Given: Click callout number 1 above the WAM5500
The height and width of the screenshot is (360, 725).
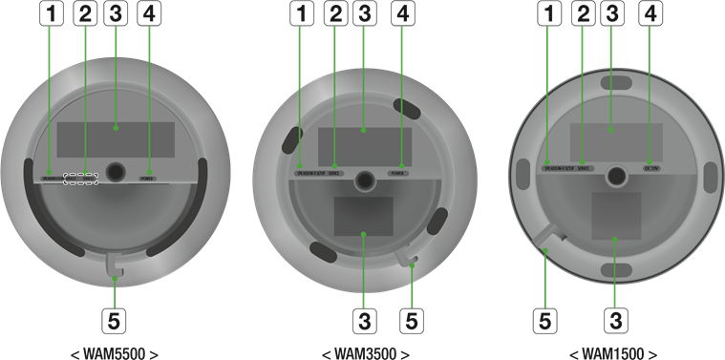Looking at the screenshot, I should (52, 13).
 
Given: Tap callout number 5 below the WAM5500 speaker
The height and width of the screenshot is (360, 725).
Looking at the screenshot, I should (115, 319).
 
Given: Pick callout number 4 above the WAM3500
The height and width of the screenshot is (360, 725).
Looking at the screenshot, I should (403, 13).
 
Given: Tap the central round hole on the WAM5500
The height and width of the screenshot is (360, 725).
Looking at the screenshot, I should (117, 172).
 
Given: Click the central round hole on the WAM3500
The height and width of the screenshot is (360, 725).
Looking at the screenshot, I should (364, 180).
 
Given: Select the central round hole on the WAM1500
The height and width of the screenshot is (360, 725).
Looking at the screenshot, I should (616, 175).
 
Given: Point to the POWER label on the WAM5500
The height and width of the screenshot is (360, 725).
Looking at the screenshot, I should (148, 177).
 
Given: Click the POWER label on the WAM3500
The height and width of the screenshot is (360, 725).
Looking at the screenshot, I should (398, 173).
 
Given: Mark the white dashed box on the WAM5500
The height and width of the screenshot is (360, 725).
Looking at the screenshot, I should (81, 178).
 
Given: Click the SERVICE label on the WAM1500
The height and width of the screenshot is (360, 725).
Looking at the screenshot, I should (586, 168).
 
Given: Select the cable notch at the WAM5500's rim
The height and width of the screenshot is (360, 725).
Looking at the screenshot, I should (115, 260).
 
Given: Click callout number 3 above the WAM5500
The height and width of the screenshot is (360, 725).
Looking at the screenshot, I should (116, 13).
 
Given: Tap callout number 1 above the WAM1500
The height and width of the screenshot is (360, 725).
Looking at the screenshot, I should (548, 13).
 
